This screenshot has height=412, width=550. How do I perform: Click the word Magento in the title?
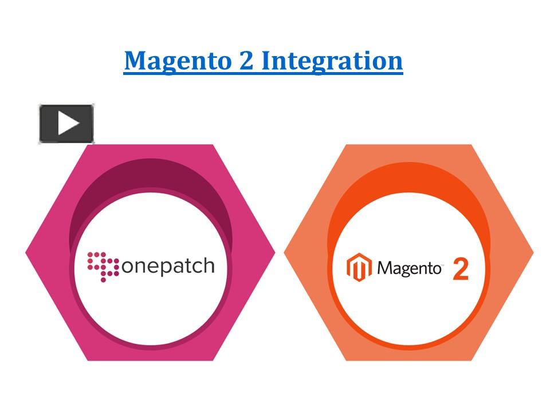(176, 61)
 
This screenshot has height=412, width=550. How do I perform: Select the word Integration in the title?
(332, 61)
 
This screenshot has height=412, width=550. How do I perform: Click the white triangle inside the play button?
(68, 123)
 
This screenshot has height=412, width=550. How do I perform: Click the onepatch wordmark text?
(167, 267)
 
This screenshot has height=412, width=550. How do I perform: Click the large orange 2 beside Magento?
(461, 269)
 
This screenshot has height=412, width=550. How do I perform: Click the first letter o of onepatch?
(128, 267)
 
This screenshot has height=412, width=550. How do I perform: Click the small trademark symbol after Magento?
(442, 264)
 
